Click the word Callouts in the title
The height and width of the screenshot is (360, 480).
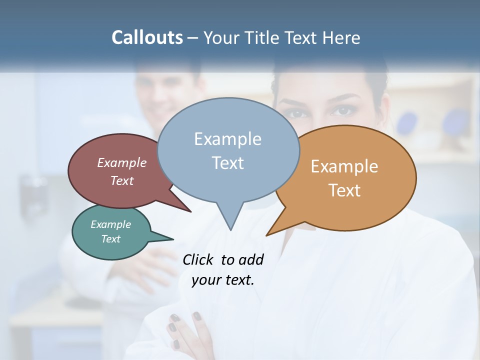(147, 37)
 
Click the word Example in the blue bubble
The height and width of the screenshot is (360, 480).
(227, 139)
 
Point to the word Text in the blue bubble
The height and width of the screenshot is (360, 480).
(227, 163)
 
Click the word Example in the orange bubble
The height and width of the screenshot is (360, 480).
(344, 166)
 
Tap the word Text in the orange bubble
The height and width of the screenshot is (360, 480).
(344, 190)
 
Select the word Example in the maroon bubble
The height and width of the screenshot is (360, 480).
(122, 162)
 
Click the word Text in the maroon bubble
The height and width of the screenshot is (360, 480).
(122, 180)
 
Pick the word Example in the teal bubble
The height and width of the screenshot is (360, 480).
(110, 224)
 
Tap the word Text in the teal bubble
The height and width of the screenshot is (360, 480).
(110, 239)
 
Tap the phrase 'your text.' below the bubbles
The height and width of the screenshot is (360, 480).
(223, 280)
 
